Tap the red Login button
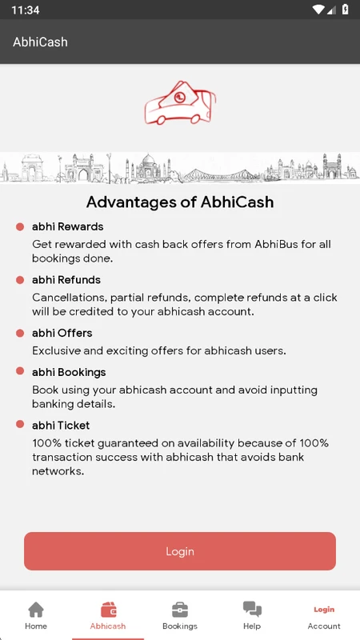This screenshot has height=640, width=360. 179,551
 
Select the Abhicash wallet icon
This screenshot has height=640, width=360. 108,610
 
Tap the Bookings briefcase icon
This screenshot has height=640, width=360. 179,610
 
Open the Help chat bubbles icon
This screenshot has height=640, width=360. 252,610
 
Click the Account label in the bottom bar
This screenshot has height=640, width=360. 324,626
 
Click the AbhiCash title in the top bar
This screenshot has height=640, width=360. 40,42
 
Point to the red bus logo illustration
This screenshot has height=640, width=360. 180,102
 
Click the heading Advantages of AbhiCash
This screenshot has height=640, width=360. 180,202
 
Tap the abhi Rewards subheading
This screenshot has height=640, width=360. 68,226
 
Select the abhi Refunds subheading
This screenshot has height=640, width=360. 66,280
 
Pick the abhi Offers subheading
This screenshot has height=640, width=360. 62,333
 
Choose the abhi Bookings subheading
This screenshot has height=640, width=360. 69,373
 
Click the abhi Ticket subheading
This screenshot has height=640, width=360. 61,426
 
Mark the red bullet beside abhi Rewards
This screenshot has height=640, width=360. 20,226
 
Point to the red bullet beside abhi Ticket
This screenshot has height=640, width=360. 20,425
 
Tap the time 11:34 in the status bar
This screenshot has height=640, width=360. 26,10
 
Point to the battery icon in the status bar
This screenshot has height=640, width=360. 346,10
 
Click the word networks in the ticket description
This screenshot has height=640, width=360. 58,471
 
